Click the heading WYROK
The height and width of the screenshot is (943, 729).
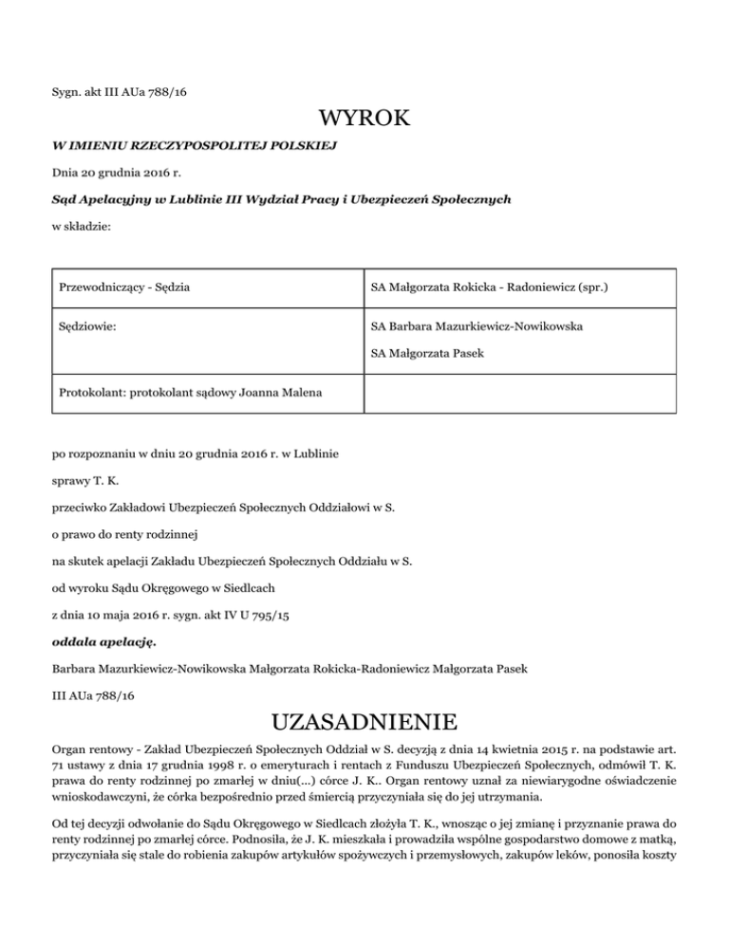click(364, 120)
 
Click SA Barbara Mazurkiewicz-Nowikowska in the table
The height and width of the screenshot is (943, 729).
click(477, 326)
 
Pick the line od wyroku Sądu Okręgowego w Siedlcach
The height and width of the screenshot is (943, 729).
click(169, 588)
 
